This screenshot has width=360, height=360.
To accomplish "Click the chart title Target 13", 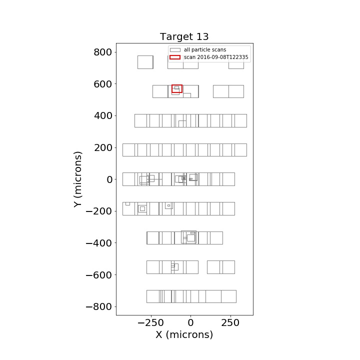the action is [184, 36].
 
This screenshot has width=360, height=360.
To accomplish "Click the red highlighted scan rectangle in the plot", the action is [177, 85].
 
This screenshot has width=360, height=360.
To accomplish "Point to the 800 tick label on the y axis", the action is [102, 52].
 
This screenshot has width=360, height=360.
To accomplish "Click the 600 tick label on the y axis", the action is [102, 84].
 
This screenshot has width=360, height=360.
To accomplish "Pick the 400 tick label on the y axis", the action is [103, 115].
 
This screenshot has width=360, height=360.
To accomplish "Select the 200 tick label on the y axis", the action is [103, 147].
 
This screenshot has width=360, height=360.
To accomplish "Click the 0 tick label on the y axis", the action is [109, 179].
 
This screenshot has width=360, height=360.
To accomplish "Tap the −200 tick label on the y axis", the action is [98, 211].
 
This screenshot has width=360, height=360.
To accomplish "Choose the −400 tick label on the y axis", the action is [98, 243].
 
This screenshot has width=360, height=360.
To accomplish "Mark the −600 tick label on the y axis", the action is [98, 275].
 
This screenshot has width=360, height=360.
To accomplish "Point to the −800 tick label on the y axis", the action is [98, 306].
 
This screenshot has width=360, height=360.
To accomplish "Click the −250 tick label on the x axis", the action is [150, 323].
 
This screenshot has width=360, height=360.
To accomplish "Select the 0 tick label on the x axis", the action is [190, 323].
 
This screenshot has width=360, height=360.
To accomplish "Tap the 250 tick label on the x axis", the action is [230, 323].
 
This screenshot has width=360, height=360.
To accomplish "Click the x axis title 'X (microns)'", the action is [184, 334].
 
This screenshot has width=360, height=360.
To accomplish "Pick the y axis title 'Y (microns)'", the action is [77, 179].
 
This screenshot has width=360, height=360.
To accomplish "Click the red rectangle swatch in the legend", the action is [175, 57].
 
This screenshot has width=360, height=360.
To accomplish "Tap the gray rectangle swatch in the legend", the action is [175, 50].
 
